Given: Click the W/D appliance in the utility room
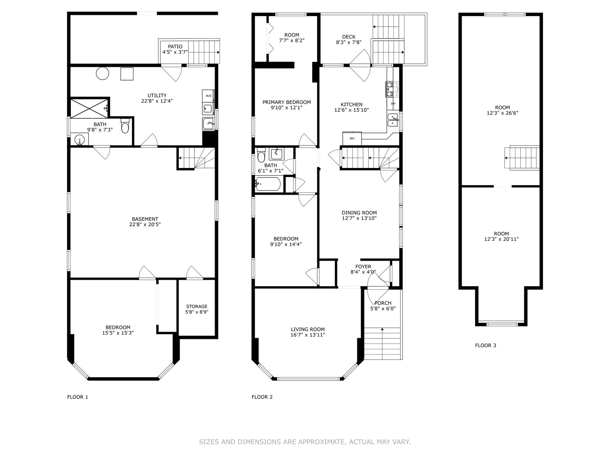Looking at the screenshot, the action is (x=208, y=96).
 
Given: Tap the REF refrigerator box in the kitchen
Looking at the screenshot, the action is (x=352, y=139).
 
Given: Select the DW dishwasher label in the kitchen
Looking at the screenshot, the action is (x=393, y=104).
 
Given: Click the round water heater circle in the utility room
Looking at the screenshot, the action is (x=103, y=73).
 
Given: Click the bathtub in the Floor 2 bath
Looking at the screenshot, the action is (x=268, y=184).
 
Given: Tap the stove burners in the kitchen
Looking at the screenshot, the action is (x=392, y=89).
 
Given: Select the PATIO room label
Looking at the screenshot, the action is (x=175, y=47).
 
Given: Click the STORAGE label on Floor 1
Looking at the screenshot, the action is (x=197, y=306).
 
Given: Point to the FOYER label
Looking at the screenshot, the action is (x=363, y=266).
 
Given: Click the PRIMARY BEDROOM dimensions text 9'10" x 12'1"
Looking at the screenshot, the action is (x=287, y=108).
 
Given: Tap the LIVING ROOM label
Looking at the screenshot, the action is (x=308, y=329).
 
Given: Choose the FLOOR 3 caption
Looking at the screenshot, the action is (x=485, y=345).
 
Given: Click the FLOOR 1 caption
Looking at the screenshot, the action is (x=77, y=397).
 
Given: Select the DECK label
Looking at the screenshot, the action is (x=349, y=37).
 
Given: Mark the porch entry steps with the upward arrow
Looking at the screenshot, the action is (x=383, y=343).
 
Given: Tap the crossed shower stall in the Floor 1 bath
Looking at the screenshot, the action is (x=89, y=107).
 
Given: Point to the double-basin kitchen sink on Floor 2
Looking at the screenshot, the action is (x=393, y=120).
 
